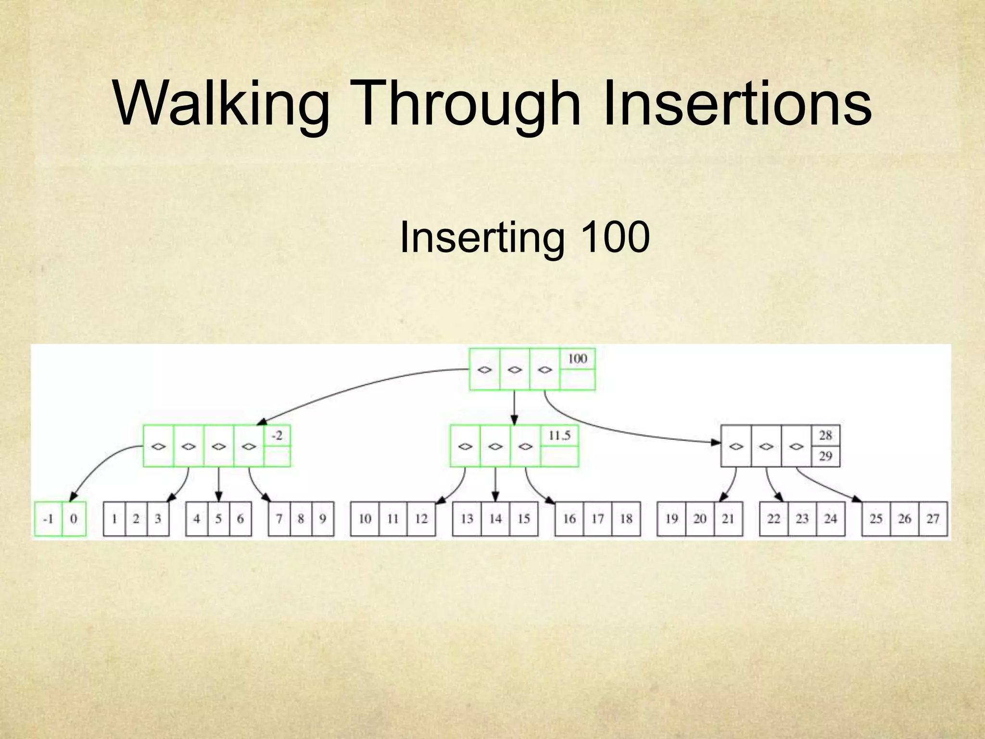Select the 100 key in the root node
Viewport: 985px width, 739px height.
tap(578, 359)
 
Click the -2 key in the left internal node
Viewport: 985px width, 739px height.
tap(277, 436)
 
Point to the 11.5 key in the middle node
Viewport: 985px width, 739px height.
tap(559, 436)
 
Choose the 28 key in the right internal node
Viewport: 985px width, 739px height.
tap(825, 435)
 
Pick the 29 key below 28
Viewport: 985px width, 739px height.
tap(825, 456)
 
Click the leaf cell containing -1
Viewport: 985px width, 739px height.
tap(48, 519)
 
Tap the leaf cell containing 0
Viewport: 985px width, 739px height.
tap(74, 519)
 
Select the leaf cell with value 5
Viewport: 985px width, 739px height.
tap(218, 519)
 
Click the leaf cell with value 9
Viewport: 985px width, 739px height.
tap(323, 519)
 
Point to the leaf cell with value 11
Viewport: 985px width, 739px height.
tap(393, 519)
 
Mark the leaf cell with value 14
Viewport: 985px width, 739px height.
tap(495, 519)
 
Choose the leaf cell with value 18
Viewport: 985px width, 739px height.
tap(626, 519)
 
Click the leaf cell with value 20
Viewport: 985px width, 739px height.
tap(700, 519)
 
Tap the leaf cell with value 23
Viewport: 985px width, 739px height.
tap(802, 519)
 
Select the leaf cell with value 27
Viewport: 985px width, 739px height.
tap(933, 519)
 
